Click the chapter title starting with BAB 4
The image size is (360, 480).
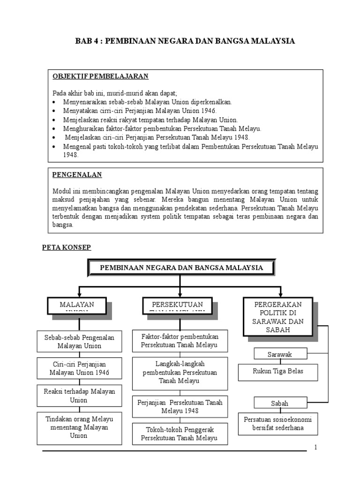pos(185,41)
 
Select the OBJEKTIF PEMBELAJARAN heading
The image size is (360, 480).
pos(100,76)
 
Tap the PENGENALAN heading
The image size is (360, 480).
pos(77,175)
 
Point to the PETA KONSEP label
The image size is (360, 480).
pos(67,247)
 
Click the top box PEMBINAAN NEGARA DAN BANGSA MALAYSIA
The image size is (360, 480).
pos(181,268)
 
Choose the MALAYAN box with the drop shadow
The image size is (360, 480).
pos(77,306)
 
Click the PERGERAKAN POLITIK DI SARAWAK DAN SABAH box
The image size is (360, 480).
pos(277,316)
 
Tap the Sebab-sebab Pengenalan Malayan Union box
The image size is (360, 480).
pos(79,341)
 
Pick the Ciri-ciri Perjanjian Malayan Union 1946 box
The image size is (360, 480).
pos(79,368)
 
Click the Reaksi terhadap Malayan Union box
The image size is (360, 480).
pos(79,395)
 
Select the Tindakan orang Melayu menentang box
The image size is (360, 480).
pos(79,427)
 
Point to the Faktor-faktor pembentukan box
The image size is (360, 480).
pos(180,341)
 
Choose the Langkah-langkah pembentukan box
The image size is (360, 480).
pos(180,372)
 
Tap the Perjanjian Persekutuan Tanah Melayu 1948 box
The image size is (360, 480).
pos(180,406)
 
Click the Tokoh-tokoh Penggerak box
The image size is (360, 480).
pos(180,434)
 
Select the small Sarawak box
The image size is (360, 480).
pos(280,354)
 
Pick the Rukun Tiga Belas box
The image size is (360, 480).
pos(278,372)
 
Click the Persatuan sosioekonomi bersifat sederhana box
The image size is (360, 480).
pos(278,423)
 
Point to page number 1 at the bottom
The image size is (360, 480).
pos(316,447)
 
